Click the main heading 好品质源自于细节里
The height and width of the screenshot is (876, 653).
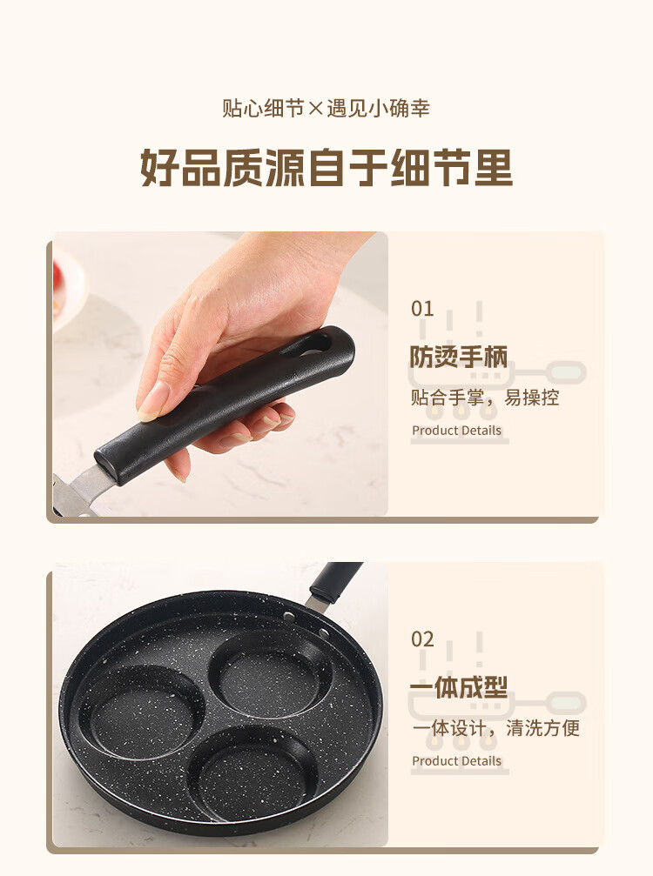click(x=326, y=167)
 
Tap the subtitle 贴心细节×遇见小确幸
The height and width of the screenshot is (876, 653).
click(x=326, y=108)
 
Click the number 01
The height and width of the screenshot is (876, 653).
click(x=422, y=309)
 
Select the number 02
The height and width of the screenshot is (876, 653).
click(x=422, y=639)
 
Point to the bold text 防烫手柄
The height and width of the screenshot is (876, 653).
click(x=459, y=357)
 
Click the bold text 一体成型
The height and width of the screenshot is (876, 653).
click(x=459, y=687)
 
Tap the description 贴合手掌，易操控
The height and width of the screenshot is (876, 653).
click(x=485, y=398)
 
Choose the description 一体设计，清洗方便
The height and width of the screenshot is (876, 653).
click(x=496, y=728)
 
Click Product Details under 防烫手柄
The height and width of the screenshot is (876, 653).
click(x=456, y=431)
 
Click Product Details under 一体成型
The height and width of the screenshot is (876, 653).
click(x=456, y=760)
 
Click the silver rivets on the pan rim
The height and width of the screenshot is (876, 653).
click(x=306, y=624)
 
